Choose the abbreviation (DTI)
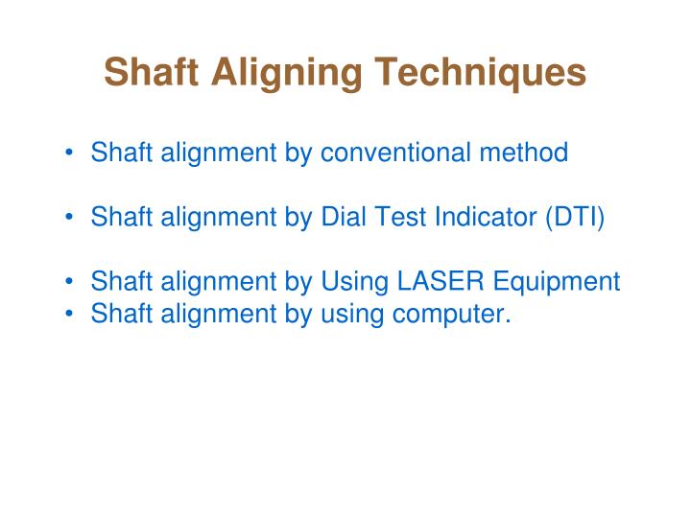pos(576,217)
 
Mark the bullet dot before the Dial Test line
pos(72,218)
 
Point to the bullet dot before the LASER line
pos(72,283)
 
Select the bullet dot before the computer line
pos(72,314)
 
